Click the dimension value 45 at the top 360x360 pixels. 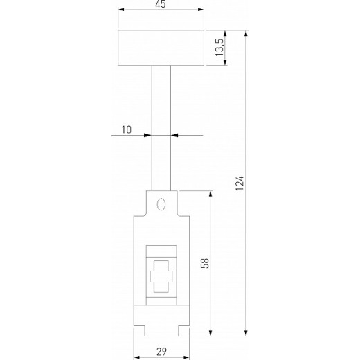161,5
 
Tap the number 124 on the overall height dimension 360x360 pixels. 240,183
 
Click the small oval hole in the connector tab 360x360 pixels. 161,205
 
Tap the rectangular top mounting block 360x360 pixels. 161,48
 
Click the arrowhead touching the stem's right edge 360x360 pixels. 174,135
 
